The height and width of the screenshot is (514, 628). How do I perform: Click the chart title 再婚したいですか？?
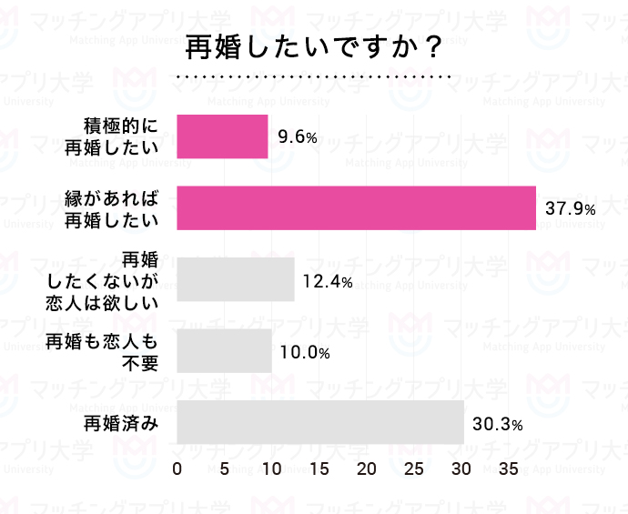[x=314, y=46]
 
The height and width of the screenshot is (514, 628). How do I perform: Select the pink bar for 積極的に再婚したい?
[x=222, y=136]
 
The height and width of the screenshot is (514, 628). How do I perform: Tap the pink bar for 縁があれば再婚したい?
[x=356, y=207]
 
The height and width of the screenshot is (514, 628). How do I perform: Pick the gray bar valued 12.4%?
[x=235, y=279]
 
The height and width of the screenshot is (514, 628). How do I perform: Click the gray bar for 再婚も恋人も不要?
[x=224, y=351]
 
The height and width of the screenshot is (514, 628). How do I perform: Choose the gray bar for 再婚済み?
[x=319, y=423]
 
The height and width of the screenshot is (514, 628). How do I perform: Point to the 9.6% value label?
[x=298, y=137]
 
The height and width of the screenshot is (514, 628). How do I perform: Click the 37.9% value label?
[x=571, y=209]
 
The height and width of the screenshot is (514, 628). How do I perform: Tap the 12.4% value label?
[x=327, y=281]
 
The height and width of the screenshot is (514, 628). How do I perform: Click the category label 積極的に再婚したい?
[x=118, y=136]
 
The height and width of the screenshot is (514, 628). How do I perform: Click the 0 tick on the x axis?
[x=177, y=469]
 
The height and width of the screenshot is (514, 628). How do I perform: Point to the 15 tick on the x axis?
[x=319, y=469]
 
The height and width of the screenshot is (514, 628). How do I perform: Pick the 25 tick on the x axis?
[x=414, y=469]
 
